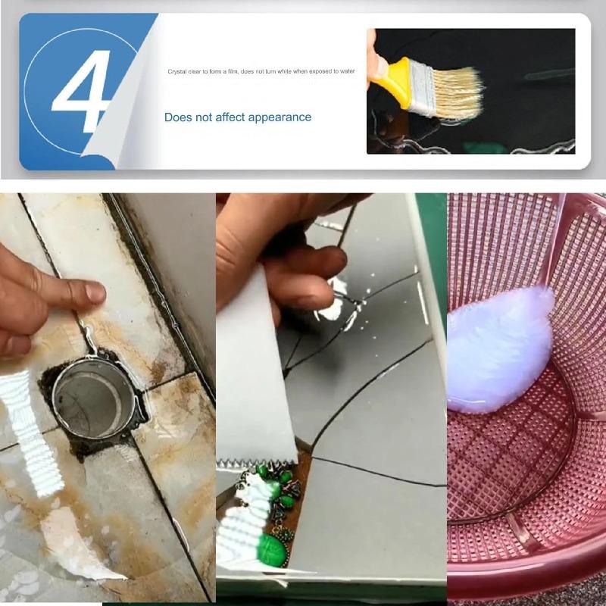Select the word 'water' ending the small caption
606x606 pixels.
(347, 71)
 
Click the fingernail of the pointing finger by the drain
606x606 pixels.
(95, 292)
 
